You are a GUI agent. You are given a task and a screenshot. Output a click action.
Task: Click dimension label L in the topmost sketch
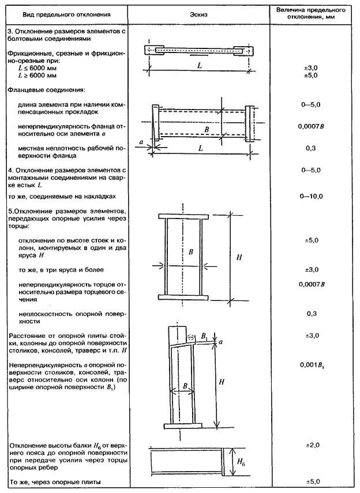(x=198, y=66)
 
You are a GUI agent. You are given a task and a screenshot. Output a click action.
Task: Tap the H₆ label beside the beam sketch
(x=241, y=462)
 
